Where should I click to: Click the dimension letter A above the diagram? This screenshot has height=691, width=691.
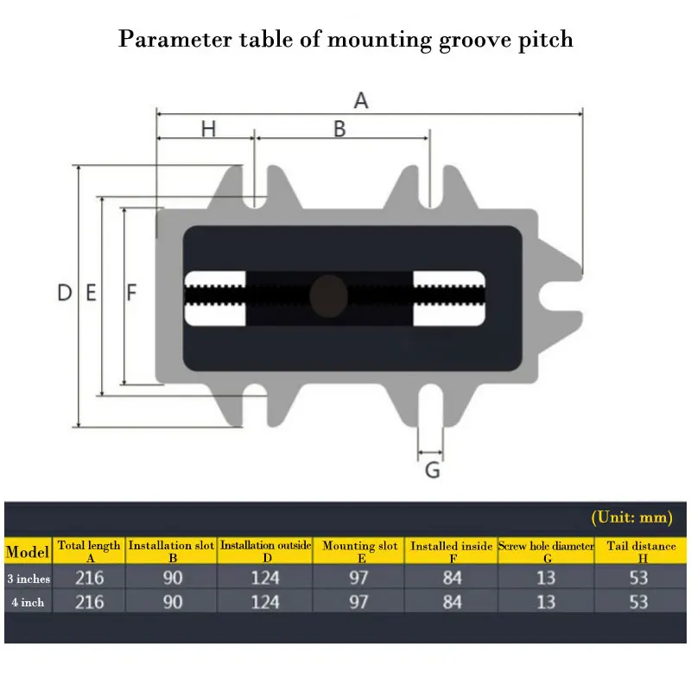tap(361, 100)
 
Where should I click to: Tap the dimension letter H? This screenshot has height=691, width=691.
tap(208, 129)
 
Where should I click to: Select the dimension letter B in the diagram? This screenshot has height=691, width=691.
tap(339, 129)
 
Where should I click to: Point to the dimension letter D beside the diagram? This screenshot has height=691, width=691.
tap(64, 293)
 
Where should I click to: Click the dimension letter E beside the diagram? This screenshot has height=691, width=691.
tap(91, 293)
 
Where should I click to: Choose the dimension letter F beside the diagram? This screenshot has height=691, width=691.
tap(131, 293)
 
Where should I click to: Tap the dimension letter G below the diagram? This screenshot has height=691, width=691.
tap(433, 471)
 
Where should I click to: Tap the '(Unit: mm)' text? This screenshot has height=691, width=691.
tap(631, 517)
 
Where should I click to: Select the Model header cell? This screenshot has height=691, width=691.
tap(28, 551)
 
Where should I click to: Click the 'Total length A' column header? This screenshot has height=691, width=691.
tap(89, 551)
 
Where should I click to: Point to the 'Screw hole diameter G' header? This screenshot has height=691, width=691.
tap(546, 551)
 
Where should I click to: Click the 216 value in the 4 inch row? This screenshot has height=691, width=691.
tap(89, 602)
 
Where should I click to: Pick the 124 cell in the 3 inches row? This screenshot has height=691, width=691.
tap(264, 578)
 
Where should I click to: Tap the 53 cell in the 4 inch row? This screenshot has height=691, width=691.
tap(638, 602)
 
